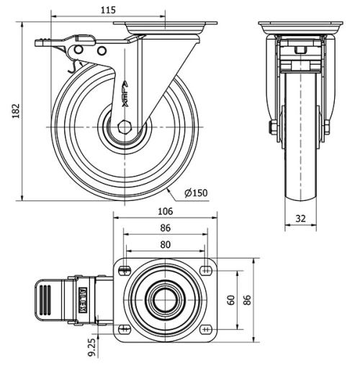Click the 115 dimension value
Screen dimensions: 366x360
click(107, 9)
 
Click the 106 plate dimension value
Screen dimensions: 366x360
click(165, 211)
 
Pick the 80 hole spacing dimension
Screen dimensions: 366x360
click(165, 244)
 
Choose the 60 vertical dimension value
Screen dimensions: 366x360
click(231, 299)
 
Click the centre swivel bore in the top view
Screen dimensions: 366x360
click(165, 300)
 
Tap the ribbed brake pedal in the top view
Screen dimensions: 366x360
click(44, 299)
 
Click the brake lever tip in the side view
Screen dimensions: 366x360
click(37, 45)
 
